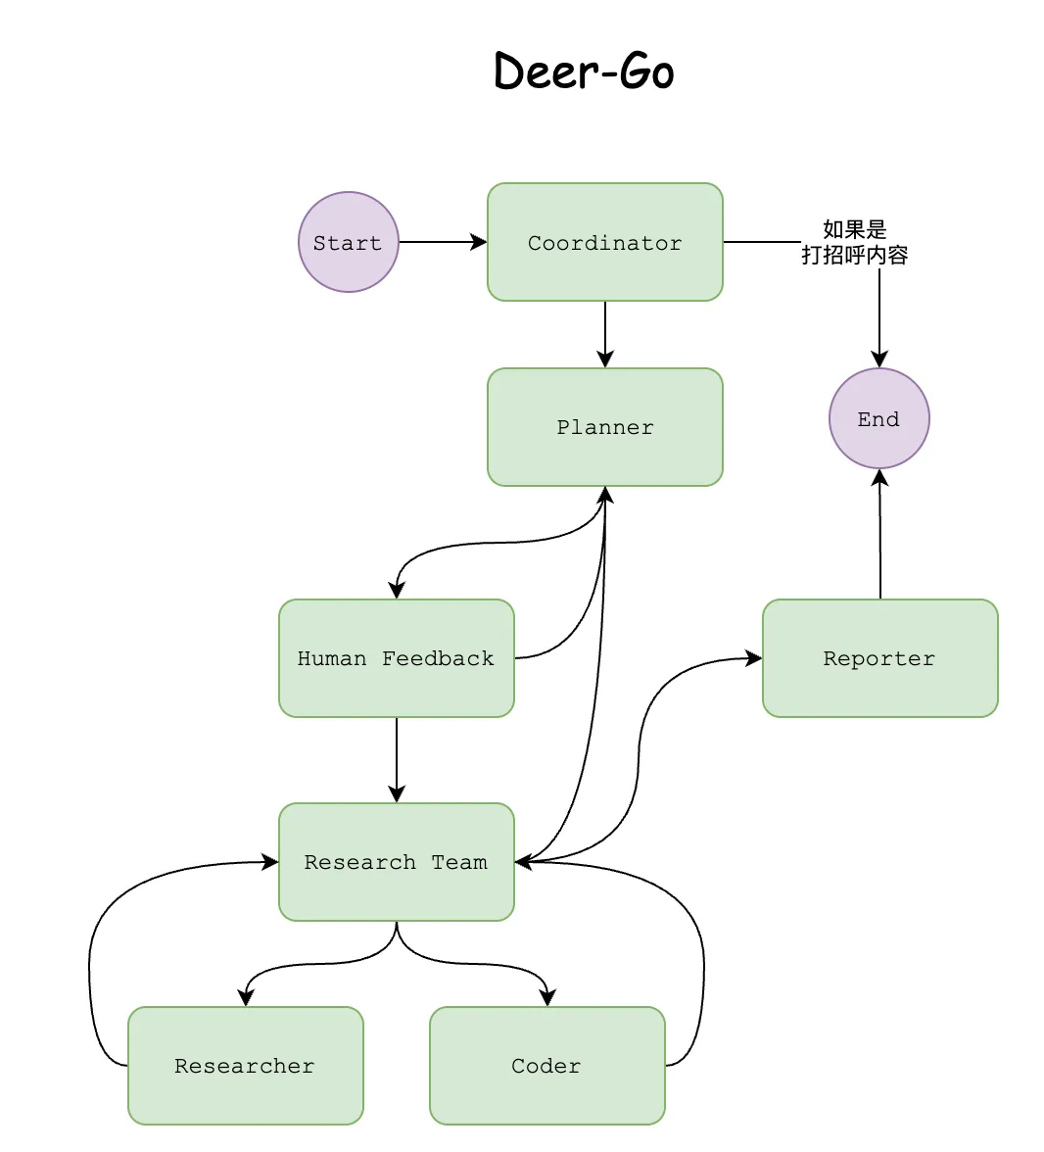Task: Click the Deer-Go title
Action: (584, 72)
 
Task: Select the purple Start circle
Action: (348, 242)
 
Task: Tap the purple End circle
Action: (878, 419)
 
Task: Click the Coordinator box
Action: (604, 242)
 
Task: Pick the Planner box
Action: (604, 427)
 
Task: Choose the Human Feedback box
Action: (396, 658)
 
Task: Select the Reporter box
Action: (879, 658)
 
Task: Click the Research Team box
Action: (396, 862)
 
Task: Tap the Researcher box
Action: (245, 1066)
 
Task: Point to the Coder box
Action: (546, 1066)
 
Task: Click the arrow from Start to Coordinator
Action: (441, 242)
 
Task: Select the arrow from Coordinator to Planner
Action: (605, 333)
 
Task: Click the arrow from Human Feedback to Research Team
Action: (397, 759)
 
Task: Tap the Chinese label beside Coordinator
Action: (854, 242)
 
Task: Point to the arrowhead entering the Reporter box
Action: (754, 658)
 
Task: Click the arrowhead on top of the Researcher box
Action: (246, 998)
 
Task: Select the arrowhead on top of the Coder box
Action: (547, 998)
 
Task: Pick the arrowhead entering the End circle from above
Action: (879, 360)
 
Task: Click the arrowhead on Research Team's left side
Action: (270, 862)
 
